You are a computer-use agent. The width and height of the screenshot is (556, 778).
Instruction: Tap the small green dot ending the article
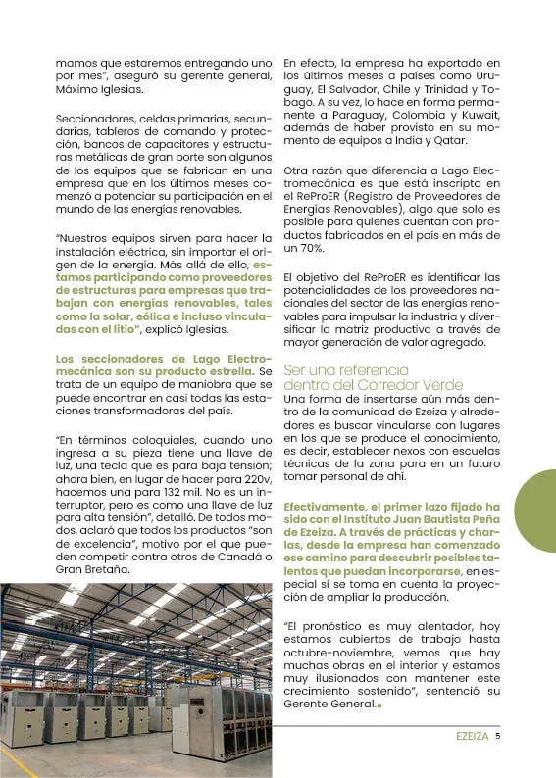(x=379, y=703)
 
